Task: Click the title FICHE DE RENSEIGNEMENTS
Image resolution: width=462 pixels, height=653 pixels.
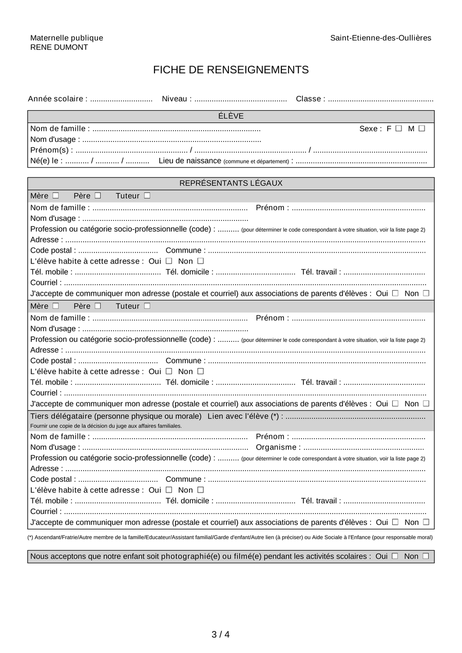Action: tap(230, 70)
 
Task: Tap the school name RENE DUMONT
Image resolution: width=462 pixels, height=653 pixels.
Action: tap(59, 47)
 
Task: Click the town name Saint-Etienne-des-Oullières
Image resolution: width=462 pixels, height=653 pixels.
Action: tap(380, 38)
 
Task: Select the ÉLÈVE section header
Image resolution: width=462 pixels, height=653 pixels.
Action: tap(230, 116)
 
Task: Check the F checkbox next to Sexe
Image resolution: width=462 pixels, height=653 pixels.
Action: tap(399, 129)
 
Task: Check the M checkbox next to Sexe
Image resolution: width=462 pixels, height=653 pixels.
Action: tap(421, 129)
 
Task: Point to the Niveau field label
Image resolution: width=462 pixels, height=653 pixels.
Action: tap(177, 99)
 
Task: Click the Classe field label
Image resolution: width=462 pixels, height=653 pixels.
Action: tap(310, 99)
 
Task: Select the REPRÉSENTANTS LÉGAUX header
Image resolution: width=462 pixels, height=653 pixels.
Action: tap(230, 183)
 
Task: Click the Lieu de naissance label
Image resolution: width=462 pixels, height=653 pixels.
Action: tap(189, 161)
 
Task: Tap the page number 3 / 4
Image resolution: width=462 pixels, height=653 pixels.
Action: tap(221, 635)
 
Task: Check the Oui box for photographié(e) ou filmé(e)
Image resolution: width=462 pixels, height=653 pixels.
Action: tap(395, 556)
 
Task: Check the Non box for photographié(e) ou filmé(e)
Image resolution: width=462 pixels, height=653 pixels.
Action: tap(426, 556)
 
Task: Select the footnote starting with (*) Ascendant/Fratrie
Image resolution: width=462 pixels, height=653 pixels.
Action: tap(230, 538)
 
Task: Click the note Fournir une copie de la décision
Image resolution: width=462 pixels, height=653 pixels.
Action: tap(106, 426)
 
